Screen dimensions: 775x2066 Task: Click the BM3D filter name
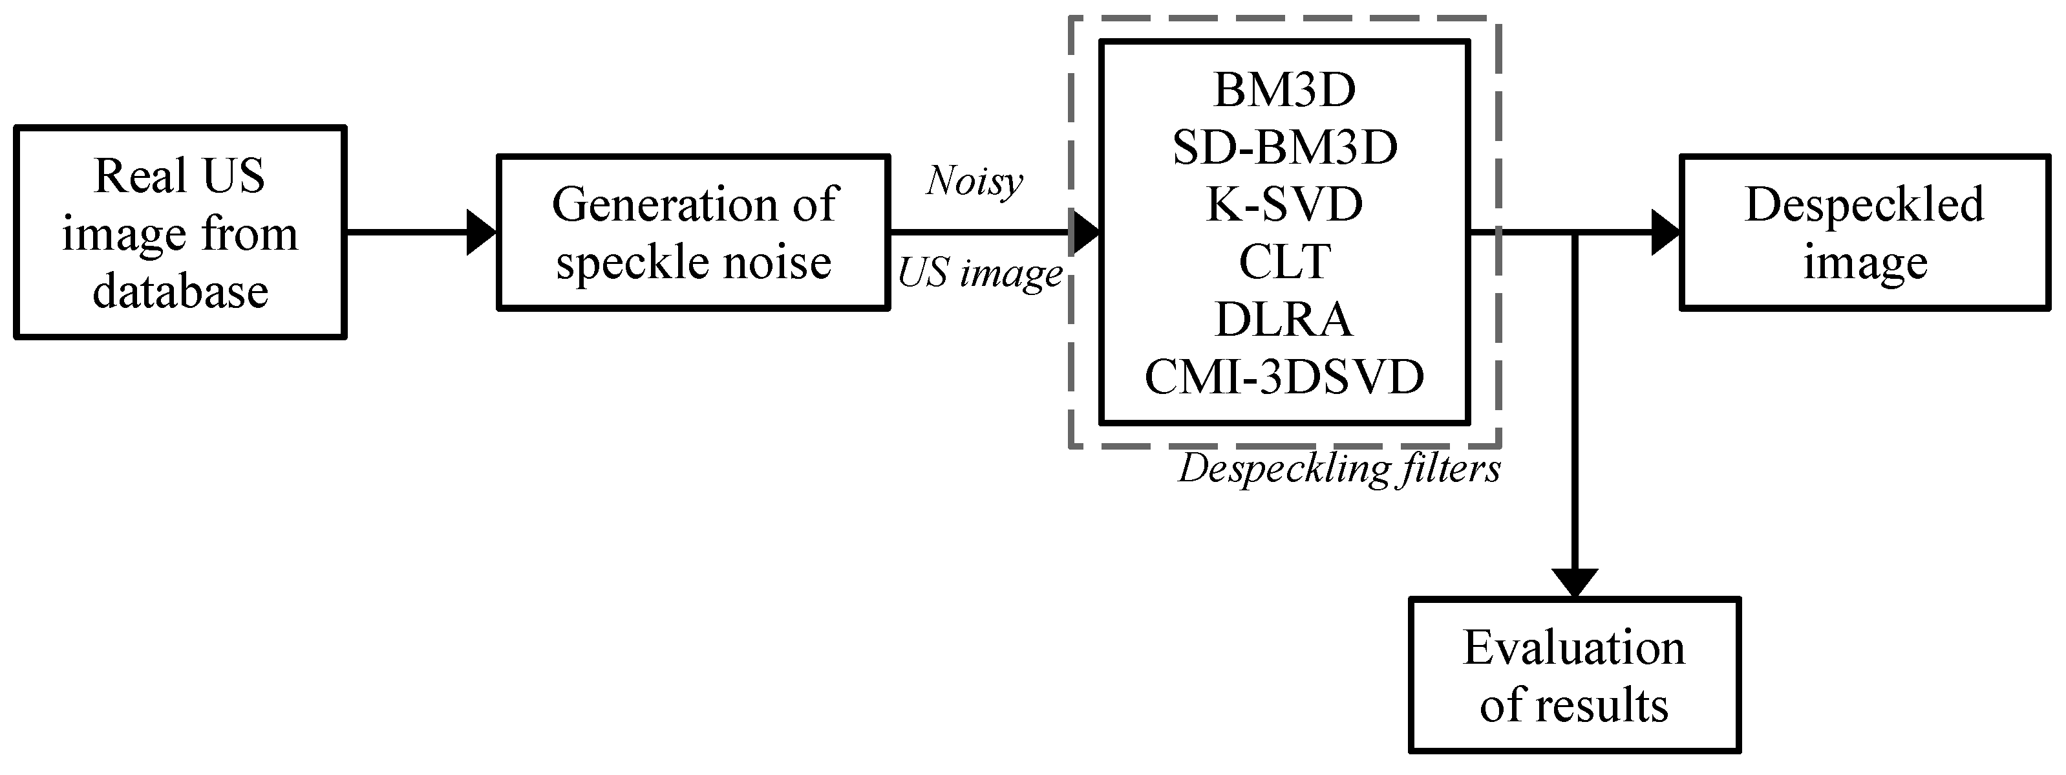point(1284,90)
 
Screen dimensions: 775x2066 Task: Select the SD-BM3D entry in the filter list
point(1284,147)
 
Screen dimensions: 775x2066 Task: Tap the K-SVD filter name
point(1284,205)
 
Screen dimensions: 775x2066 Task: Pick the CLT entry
point(1284,263)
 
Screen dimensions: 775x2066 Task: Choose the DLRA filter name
point(1284,320)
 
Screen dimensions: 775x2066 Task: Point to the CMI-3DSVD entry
point(1284,377)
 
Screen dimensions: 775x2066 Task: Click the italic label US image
point(979,274)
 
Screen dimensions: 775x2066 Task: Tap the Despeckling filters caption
point(1339,469)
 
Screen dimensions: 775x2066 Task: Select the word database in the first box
point(180,291)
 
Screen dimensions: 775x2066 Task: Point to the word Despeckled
point(1864,204)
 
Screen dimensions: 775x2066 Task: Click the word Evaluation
point(1573,648)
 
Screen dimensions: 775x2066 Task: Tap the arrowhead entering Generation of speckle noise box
point(481,233)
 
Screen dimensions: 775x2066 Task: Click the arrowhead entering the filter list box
point(1085,233)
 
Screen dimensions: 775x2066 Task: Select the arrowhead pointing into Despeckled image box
point(1665,233)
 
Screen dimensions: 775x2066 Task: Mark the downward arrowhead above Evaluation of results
point(1575,582)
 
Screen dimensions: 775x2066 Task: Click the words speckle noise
point(694,263)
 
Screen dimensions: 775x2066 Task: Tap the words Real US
point(180,176)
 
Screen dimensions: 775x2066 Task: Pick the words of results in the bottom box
point(1573,706)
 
